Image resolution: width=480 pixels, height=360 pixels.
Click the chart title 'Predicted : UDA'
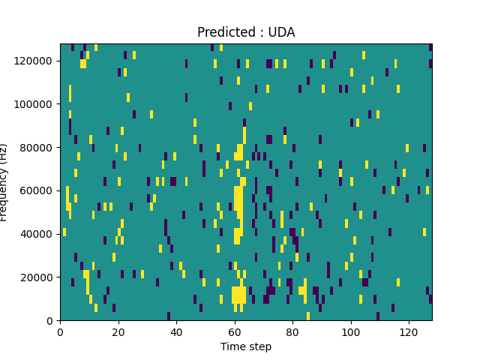(x=246, y=32)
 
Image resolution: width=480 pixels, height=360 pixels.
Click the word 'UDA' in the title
(x=281, y=32)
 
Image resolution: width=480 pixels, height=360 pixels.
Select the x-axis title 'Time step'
(x=246, y=346)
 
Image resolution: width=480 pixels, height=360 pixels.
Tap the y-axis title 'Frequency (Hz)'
(x=5, y=182)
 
